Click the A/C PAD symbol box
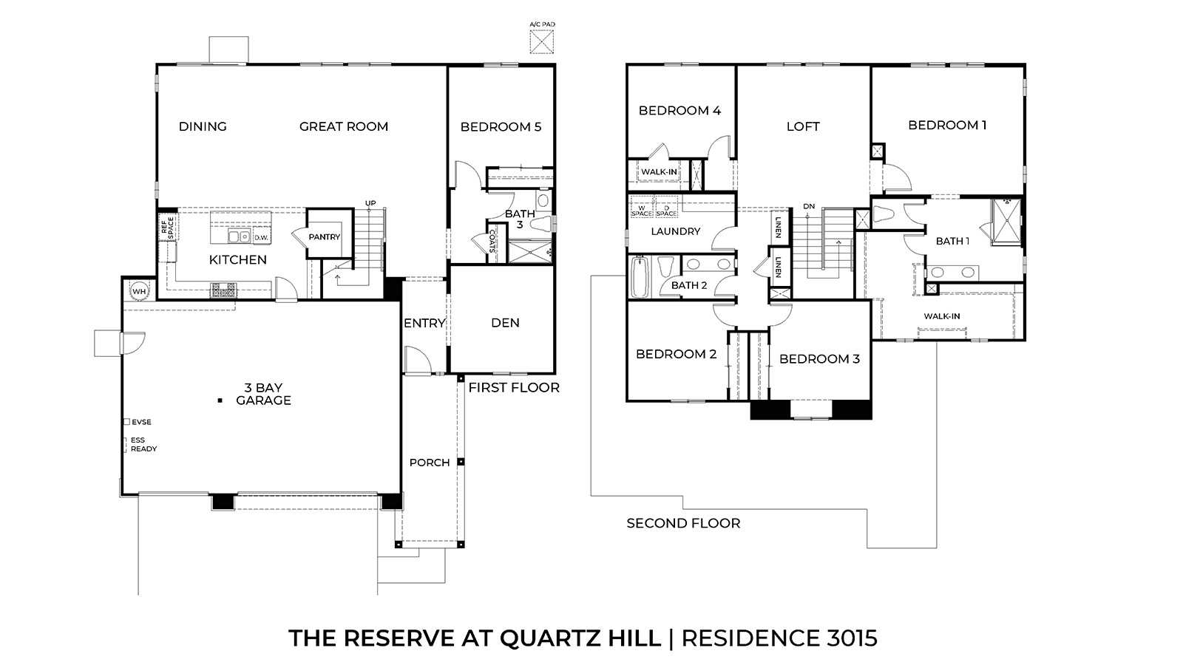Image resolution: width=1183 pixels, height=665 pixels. coord(542,41)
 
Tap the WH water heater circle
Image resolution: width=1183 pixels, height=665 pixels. coord(139,291)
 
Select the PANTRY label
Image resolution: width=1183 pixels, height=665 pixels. coord(325,237)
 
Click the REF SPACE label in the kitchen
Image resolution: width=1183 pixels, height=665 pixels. coord(167,227)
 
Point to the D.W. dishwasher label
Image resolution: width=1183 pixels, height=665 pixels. coord(260,238)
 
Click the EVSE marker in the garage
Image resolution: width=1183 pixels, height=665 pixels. coord(127,422)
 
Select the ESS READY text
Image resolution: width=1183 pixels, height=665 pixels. coord(143,444)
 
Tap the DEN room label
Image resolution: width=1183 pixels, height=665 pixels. coord(505,323)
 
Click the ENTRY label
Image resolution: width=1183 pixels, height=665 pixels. coord(424,323)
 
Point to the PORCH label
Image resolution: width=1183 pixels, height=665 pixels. coord(430,463)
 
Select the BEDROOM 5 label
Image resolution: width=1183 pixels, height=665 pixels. coord(501,127)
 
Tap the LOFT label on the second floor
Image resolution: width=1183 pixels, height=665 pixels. coord(802,126)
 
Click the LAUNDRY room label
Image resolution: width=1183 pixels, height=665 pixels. coord(675,231)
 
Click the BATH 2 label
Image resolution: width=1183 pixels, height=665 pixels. coord(689,285)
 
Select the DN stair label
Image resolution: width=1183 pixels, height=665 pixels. coord(808,206)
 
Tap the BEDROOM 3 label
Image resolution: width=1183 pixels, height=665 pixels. coord(819,359)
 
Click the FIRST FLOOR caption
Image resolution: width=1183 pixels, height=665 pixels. coord(514,387)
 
